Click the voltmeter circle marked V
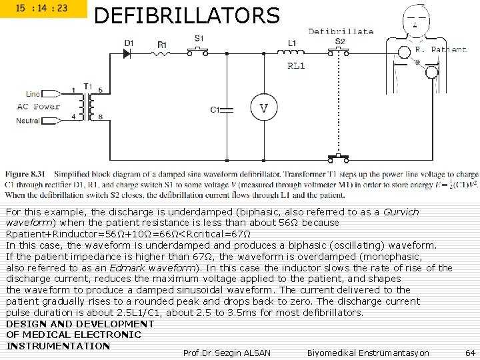tap(264, 108)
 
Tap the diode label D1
tap(129, 43)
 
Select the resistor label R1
tap(162, 45)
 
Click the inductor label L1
tap(292, 43)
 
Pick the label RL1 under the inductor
tap(295, 65)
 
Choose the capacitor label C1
tap(215, 109)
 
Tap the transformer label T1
tap(87, 85)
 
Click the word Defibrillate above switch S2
tap(341, 31)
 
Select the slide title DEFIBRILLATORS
tap(187, 15)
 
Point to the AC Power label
tap(38, 107)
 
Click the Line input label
tap(33, 93)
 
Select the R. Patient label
tap(440, 49)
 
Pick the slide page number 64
tap(470, 352)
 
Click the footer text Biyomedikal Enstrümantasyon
tap(368, 352)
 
